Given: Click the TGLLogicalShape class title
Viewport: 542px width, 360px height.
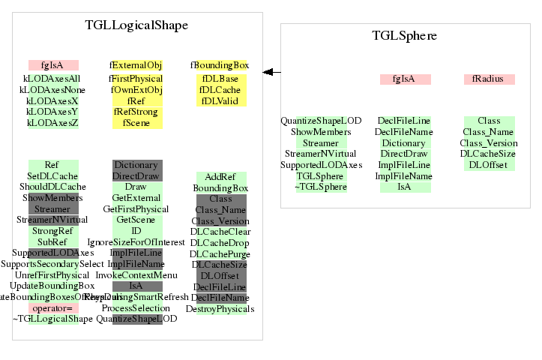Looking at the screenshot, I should (x=137, y=25).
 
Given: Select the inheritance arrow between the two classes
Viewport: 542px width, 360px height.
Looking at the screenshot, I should (x=271, y=72).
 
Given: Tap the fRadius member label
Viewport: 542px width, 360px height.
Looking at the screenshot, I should (x=489, y=79).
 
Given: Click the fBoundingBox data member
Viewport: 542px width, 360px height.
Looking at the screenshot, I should (x=220, y=65).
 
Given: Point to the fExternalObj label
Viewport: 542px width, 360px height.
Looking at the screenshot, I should (x=136, y=65).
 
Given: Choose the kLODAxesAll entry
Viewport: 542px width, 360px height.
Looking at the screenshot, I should (x=52, y=78).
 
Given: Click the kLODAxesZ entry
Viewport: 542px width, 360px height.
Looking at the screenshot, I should (x=52, y=123).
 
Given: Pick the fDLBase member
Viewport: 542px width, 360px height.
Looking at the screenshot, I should (x=220, y=79).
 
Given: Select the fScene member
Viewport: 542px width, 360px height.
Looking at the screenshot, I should (x=136, y=123).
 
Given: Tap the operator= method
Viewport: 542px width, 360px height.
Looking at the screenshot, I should (x=52, y=308).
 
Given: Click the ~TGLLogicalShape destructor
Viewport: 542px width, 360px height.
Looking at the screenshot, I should (x=52, y=319).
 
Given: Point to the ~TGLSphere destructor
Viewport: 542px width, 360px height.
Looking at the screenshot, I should (x=321, y=187).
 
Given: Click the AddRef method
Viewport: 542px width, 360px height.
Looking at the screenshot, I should (x=220, y=176).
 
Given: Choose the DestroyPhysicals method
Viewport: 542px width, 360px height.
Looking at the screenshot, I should (x=220, y=308).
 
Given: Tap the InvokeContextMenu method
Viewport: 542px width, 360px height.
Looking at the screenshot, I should (x=136, y=275).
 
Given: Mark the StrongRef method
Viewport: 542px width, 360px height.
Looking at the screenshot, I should (x=52, y=231).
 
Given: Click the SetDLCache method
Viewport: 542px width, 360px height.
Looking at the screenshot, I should (x=52, y=176).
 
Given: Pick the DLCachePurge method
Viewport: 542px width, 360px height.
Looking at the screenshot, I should (x=220, y=253).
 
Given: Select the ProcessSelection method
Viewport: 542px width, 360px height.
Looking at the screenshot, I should (x=136, y=308).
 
